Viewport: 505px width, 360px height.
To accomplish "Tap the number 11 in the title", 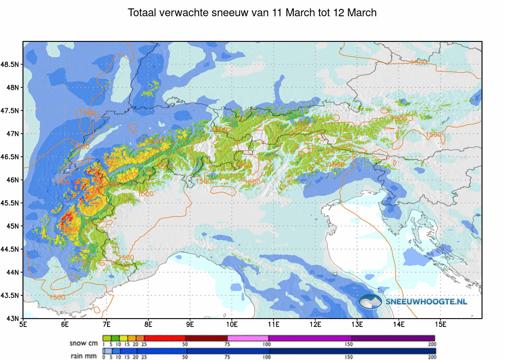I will [x=276, y=13].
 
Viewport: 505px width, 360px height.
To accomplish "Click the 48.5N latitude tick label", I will [x=10, y=65].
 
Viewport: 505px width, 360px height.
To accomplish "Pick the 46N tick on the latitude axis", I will [x=12, y=180].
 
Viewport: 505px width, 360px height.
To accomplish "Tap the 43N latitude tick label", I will [x=12, y=318].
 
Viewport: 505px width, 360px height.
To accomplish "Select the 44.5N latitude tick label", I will [x=10, y=249].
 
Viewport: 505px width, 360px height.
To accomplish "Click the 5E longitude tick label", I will [x=23, y=324].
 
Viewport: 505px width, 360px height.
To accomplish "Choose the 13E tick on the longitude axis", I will [x=358, y=324].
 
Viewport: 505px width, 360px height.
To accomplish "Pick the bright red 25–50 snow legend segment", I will [x=165, y=338].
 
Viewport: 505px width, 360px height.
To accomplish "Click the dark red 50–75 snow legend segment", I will [x=206, y=338].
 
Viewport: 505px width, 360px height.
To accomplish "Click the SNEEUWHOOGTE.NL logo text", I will [x=427, y=301].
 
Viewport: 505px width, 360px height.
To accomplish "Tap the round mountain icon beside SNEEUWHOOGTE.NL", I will [x=370, y=301].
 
